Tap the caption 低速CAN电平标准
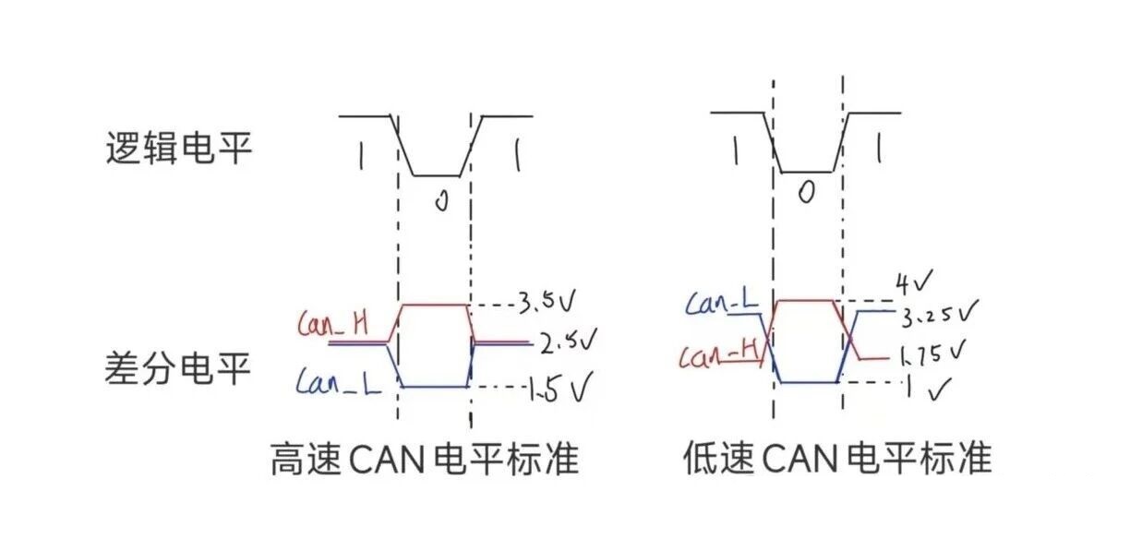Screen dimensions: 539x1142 pos(837,457)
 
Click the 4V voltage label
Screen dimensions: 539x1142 pos(914,280)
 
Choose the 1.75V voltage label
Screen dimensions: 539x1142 pos(932,353)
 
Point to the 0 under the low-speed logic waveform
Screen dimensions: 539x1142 pos(806,191)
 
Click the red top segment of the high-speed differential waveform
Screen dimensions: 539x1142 pos(434,304)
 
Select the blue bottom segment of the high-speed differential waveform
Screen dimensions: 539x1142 pos(434,387)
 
